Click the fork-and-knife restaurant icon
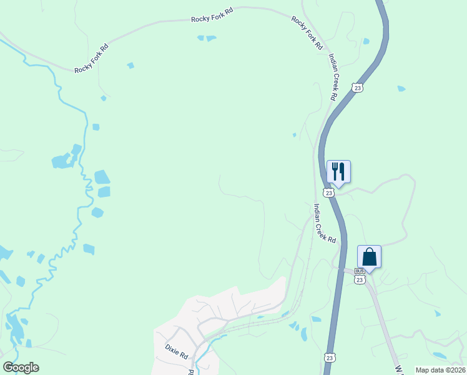coord(338,172)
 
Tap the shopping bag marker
coord(369,257)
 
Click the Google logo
coord(21,367)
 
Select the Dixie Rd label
coord(177,351)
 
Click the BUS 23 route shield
coord(359,276)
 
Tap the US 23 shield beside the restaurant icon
coord(329,192)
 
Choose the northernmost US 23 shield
coord(356,88)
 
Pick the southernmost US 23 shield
coord(329,357)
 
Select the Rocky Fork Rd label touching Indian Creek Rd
coord(307,33)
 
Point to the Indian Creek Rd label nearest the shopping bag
coord(325,224)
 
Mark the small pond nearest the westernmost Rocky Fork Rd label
coord(130,65)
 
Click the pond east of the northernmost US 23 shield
coord(401,89)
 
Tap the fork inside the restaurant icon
coord(335,171)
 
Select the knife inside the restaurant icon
coord(342,171)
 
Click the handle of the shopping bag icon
coord(369,251)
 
